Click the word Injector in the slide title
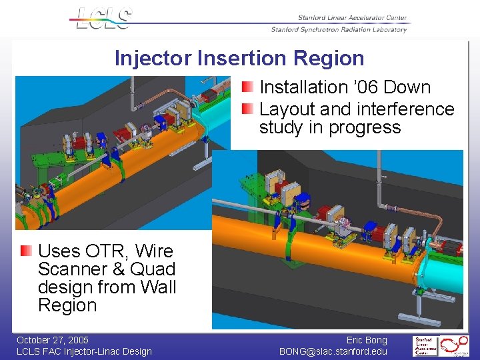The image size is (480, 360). point(153,58)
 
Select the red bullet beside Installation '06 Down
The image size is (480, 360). point(247,87)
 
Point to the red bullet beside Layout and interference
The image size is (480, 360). point(247,109)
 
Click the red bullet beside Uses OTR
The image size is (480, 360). point(26,251)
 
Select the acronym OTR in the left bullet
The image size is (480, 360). point(106,251)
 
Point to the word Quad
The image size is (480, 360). point(153,269)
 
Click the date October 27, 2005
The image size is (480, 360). point(53,340)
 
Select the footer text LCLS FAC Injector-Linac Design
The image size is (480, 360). point(84,351)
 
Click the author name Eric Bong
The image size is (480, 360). point(367,340)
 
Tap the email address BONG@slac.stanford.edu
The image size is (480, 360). point(333,351)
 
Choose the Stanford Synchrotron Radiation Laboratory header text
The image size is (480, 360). point(339,29)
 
